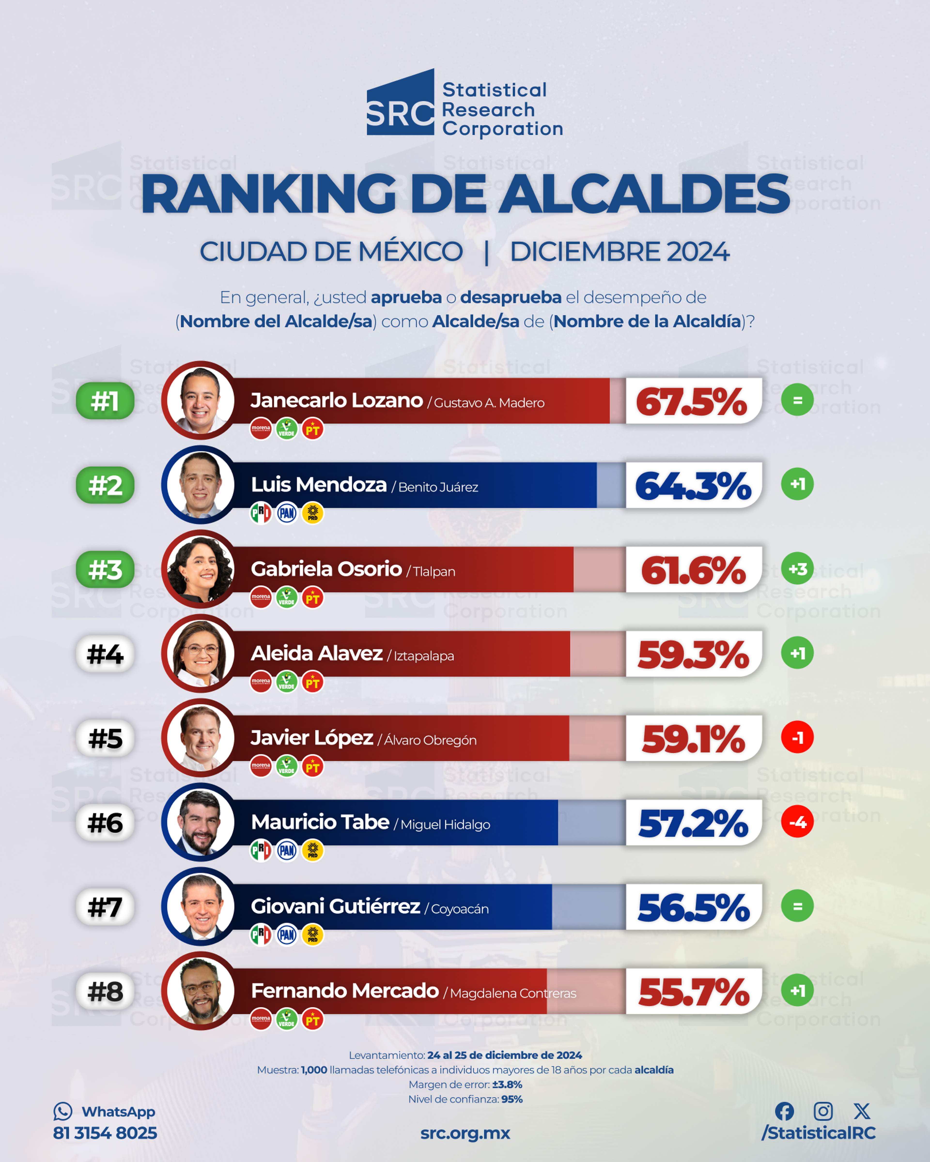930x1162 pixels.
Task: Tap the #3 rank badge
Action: [x=105, y=569]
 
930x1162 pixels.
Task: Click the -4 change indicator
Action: [x=797, y=822]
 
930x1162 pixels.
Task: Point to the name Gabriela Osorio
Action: [x=326, y=569]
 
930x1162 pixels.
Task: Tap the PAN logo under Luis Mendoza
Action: [x=287, y=513]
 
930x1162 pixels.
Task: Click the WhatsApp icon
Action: [x=62, y=1111]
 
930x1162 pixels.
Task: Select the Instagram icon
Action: [x=823, y=1111]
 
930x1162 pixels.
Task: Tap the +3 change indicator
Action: [x=797, y=569]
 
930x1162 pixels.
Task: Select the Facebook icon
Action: [x=784, y=1111]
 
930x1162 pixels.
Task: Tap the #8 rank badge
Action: [x=105, y=991]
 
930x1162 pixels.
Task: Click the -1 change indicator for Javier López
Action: [x=797, y=737]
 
